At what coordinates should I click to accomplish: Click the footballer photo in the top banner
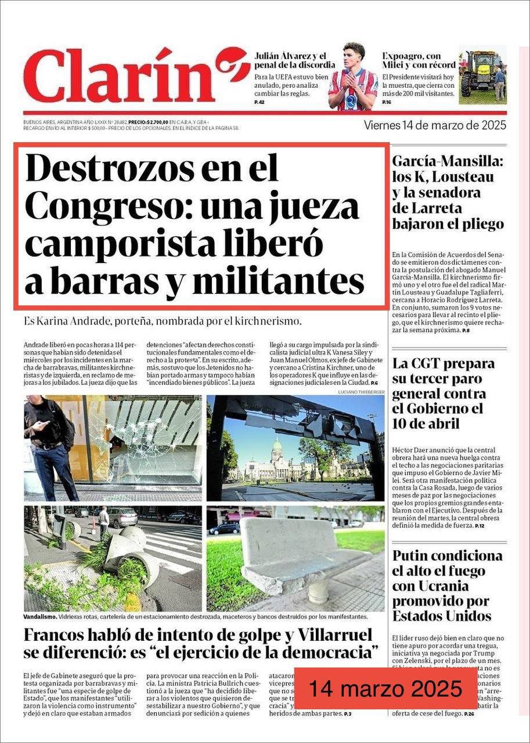(352, 77)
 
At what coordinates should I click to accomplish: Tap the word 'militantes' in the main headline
(278, 282)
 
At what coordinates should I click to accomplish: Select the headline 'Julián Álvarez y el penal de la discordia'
(290, 60)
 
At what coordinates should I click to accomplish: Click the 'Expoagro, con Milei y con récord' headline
(419, 60)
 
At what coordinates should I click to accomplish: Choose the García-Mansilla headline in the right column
(448, 193)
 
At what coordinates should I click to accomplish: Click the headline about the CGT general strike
(444, 394)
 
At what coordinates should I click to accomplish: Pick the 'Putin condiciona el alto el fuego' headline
(447, 586)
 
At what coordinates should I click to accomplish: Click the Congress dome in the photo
(277, 448)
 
